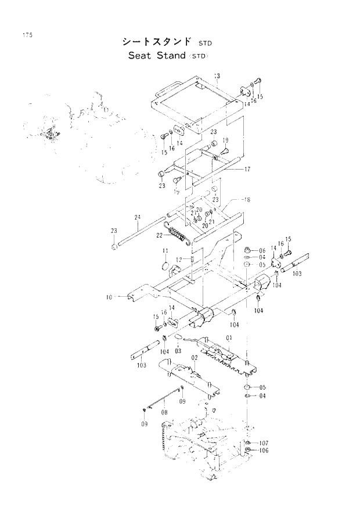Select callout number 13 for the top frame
(217, 76)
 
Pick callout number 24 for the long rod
(138, 218)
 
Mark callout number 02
(195, 358)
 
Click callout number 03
(178, 351)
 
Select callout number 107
(264, 443)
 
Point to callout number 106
(264, 451)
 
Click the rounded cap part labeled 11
(167, 265)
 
